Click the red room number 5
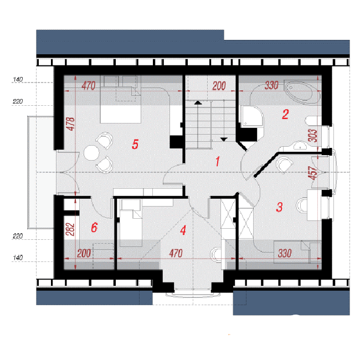click(135, 144)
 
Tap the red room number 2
click(285, 114)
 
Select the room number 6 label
click(94, 227)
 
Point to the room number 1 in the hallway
click(218, 161)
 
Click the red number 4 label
click(183, 230)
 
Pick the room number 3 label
click(279, 207)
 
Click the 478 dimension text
click(71, 124)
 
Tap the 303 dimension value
click(313, 136)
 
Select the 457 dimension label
click(313, 173)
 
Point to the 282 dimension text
click(70, 229)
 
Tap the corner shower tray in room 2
click(251, 116)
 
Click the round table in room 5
click(91, 153)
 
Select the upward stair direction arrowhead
click(198, 102)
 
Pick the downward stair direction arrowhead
click(224, 139)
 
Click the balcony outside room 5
click(40, 172)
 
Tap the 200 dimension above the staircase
click(219, 86)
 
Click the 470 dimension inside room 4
click(176, 253)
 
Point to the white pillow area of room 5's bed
click(121, 114)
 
